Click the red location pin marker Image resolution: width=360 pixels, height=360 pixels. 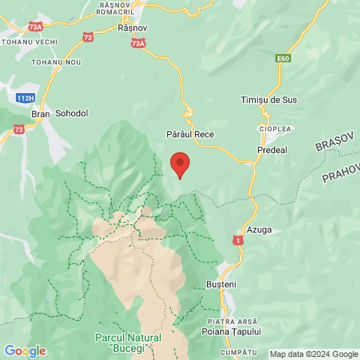tap(180, 163)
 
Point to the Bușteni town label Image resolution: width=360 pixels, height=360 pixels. tap(220, 285)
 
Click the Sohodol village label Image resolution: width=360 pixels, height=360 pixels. tap(72, 113)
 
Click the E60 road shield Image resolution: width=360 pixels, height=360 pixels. tap(283, 57)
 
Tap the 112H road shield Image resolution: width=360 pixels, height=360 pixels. tap(24, 98)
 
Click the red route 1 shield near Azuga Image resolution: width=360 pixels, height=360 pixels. tap(237, 240)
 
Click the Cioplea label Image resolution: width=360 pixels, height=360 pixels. tap(275, 129)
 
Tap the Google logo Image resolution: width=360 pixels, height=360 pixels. tap(25, 351)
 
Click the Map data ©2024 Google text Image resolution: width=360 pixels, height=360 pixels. tap(313, 354)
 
